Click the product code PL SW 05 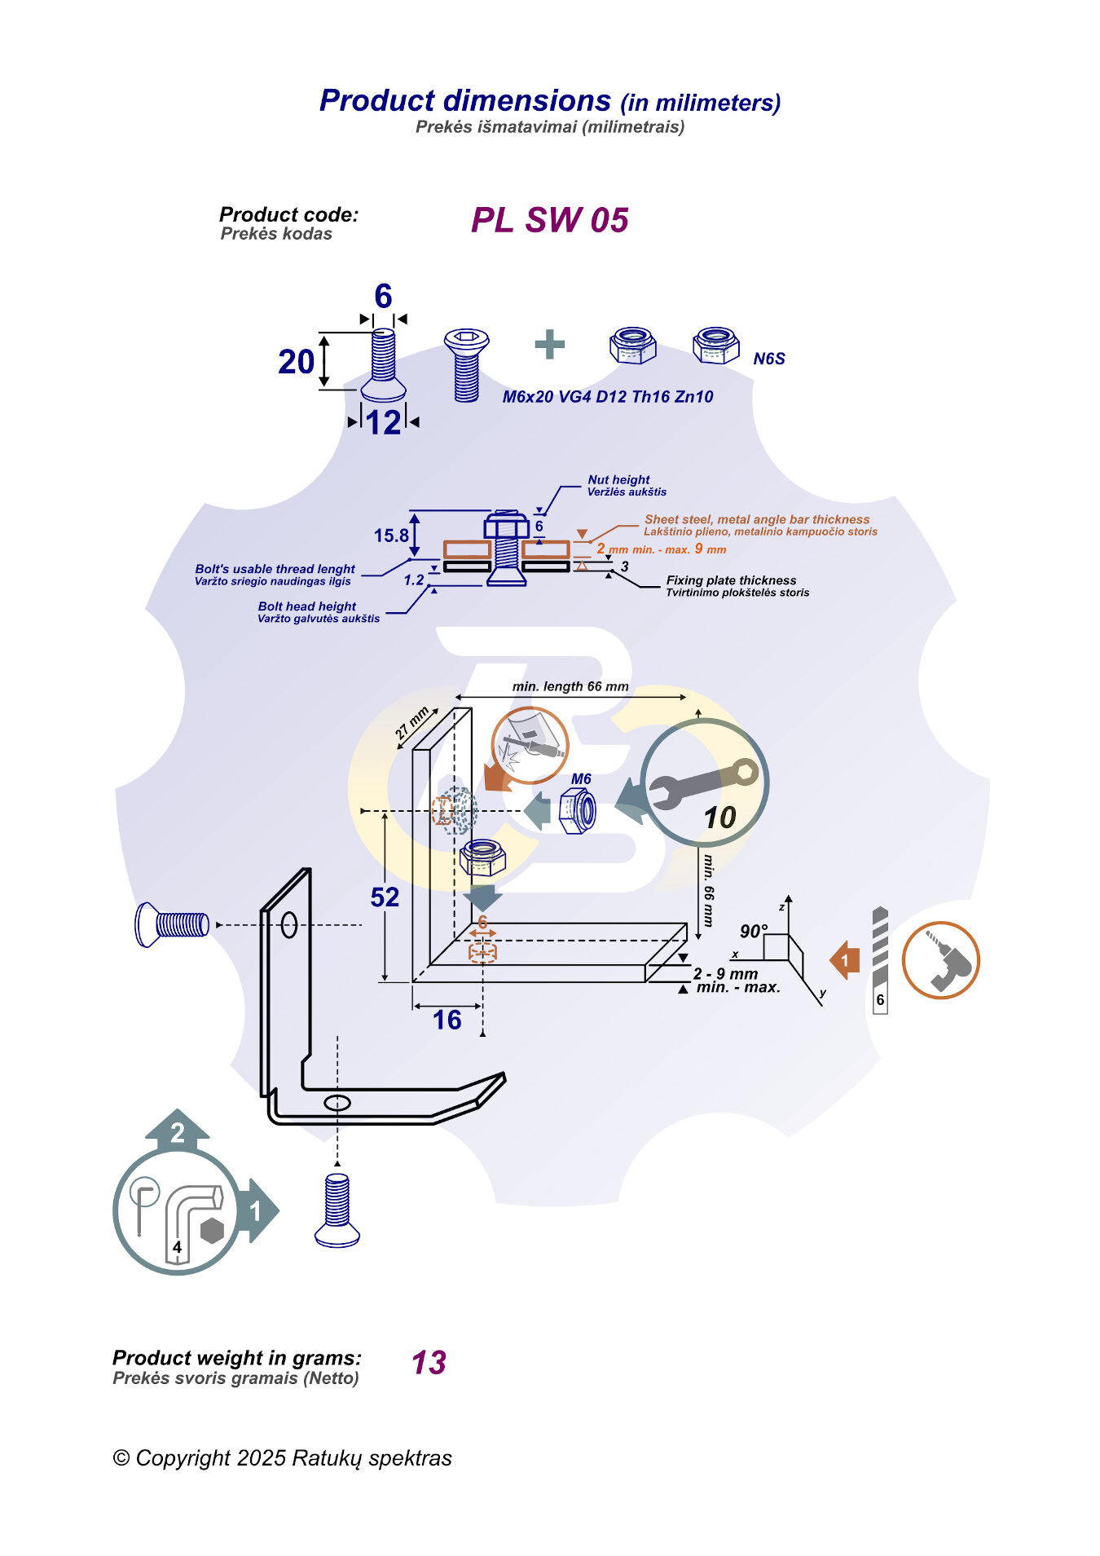click(x=549, y=220)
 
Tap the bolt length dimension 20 click(x=296, y=362)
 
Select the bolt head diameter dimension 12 click(x=383, y=422)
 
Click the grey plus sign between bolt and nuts click(x=550, y=344)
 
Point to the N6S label click(x=768, y=359)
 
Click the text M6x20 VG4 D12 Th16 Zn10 click(x=607, y=397)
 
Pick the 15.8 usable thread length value click(x=391, y=536)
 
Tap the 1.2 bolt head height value click(x=414, y=580)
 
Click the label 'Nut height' click(x=618, y=480)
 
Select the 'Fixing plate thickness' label click(x=731, y=580)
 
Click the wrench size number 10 click(x=719, y=818)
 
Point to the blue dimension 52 click(x=385, y=897)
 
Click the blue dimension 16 click(x=447, y=1020)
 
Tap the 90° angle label click(x=753, y=932)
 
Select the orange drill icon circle click(x=940, y=960)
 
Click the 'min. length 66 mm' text click(x=570, y=686)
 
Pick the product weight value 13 click(x=429, y=1363)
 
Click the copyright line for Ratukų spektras click(x=282, y=1458)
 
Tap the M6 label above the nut click(x=581, y=779)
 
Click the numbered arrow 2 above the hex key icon click(x=178, y=1131)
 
